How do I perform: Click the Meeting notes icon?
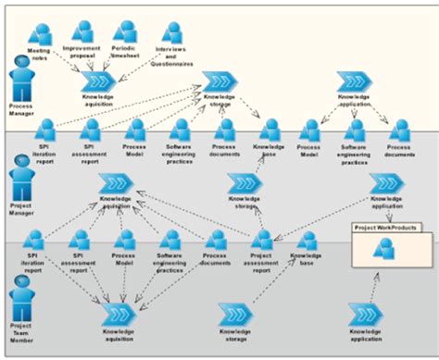point(39,32)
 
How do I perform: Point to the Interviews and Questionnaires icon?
point(170,33)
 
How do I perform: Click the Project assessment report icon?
point(262,242)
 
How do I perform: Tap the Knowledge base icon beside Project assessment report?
point(307,242)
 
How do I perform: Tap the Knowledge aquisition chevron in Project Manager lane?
point(116,183)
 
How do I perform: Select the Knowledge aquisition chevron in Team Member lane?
point(119,316)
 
